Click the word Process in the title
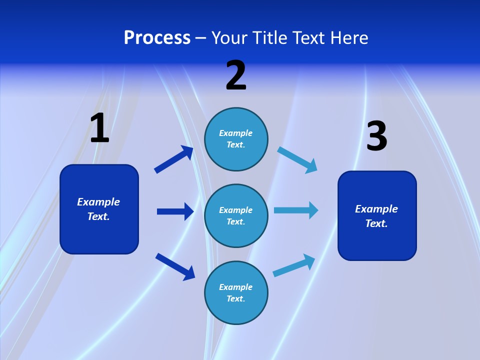157,38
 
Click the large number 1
99,127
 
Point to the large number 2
236,75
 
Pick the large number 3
377,135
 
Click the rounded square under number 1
99,209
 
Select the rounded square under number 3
377,216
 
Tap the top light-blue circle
236,139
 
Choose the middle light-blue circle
236,216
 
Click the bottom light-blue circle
236,292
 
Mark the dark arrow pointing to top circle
174,159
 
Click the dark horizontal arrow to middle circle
175,211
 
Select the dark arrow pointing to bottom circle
175,267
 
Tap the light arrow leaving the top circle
297,160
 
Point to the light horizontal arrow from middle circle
296,210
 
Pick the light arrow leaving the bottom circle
294,265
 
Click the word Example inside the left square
98,202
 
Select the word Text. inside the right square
376,223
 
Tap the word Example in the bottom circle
235,287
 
